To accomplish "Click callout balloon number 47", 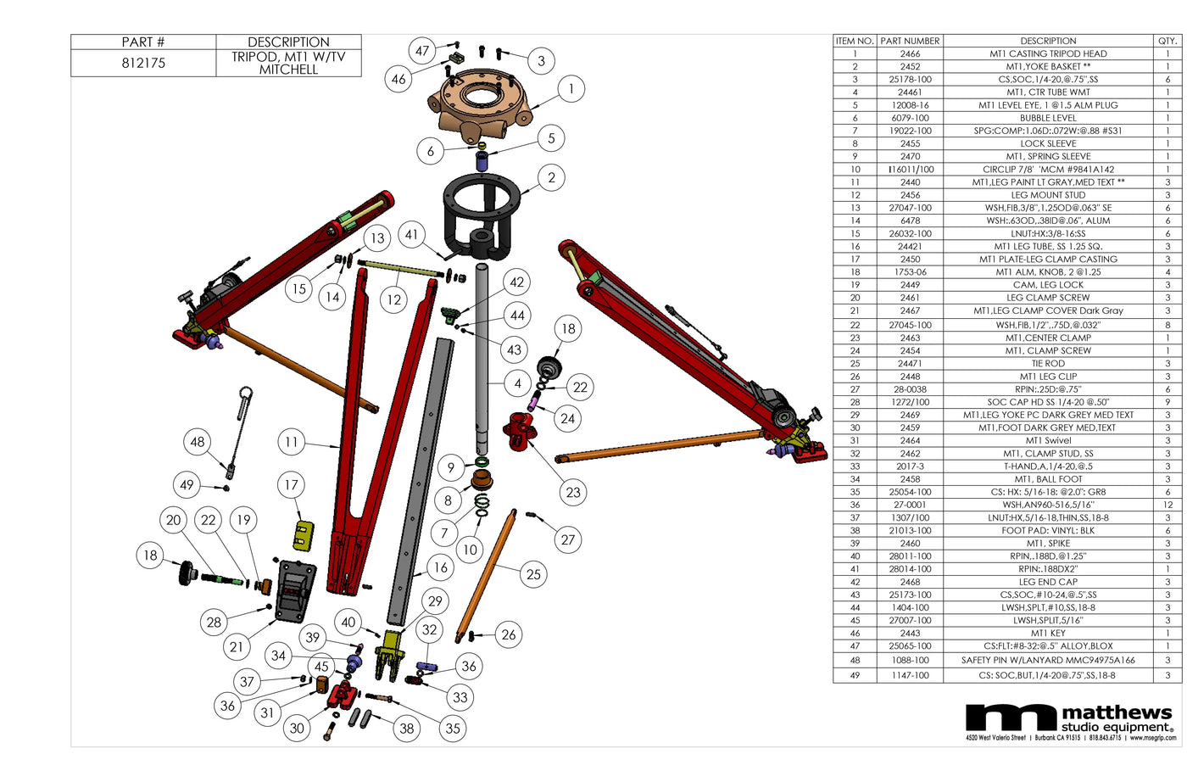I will (422, 51).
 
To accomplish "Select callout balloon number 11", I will (292, 442).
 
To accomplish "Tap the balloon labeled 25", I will (533, 574).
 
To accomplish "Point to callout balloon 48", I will (198, 442).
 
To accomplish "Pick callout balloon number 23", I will (573, 492).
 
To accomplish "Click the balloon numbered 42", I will (517, 282).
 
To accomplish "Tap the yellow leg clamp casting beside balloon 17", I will (301, 534).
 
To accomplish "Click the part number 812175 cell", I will (143, 64).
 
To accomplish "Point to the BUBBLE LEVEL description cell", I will (1048, 118).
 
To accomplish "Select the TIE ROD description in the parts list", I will (1048, 363).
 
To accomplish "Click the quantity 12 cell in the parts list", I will (1167, 505).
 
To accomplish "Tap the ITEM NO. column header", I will (854, 41).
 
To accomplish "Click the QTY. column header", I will (1167, 41).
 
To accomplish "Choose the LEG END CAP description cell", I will (1048, 582).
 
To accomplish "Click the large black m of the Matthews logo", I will (1011, 718).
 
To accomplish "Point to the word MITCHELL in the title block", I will (288, 70).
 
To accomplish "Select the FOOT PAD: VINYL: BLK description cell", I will (1048, 530).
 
